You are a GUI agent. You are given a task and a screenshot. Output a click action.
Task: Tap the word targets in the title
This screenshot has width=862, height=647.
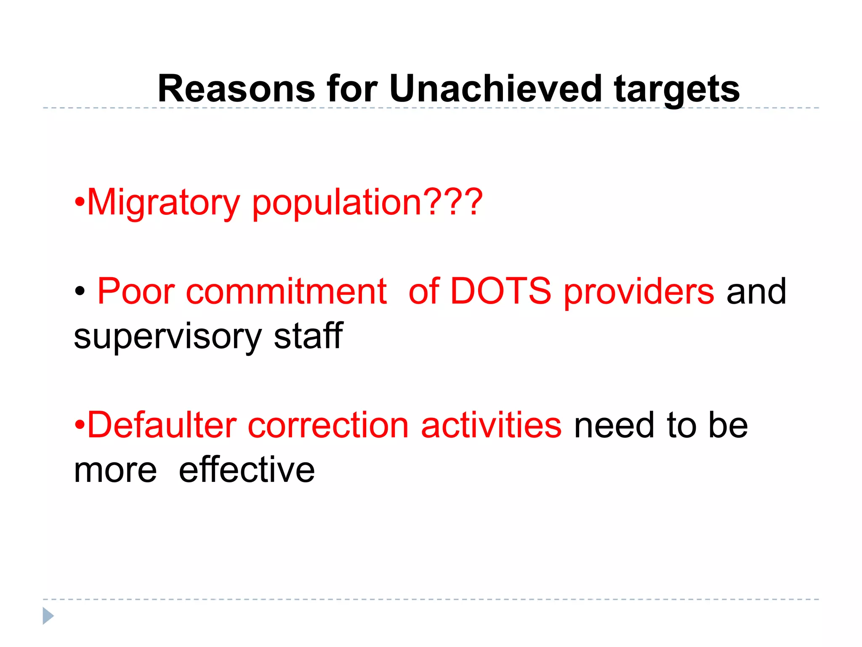coord(676,89)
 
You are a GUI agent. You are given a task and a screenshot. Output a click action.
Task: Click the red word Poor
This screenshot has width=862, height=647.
coord(136,291)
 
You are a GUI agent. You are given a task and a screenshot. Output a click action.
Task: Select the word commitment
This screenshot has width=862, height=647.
coord(286,291)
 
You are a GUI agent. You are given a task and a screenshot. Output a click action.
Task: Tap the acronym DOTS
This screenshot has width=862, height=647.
coord(500,291)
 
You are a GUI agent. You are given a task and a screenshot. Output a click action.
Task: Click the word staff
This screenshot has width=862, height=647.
coord(308,336)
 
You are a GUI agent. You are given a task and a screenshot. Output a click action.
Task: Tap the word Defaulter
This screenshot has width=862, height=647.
coord(162,425)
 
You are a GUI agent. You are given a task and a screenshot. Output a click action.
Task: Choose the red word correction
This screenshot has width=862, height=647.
coord(328,425)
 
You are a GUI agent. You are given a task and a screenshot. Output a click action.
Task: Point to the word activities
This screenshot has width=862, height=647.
coord(491,425)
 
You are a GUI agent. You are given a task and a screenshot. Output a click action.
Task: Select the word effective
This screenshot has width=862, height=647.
coord(247,470)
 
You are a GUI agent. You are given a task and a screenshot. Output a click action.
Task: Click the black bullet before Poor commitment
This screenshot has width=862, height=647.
coord(80,291)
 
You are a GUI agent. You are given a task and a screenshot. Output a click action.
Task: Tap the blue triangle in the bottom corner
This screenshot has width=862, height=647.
coord(48,616)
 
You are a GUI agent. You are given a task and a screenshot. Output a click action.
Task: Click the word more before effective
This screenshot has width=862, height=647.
coord(115,471)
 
